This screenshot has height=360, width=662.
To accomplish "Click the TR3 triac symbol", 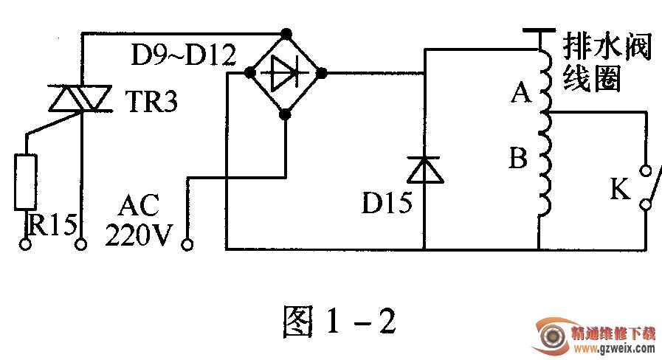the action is click(80, 98).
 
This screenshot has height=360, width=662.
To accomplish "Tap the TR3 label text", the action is click(151, 101).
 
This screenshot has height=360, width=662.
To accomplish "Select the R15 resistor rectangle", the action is click(26, 182).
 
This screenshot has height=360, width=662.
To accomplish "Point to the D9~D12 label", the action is click(184, 55).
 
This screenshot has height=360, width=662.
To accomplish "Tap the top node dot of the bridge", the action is click(286, 33).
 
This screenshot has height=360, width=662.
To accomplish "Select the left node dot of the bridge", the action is click(250, 73).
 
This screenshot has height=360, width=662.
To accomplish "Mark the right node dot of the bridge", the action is click(321, 74).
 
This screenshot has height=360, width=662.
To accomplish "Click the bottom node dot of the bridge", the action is click(286, 114).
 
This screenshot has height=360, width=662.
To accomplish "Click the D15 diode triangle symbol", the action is click(425, 170).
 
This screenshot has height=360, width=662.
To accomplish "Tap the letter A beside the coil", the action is click(520, 92).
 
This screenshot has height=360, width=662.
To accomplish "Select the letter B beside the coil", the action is click(518, 157).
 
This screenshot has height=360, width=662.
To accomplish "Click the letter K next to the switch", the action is click(620, 189).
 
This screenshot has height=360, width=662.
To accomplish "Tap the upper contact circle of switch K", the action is click(646, 170).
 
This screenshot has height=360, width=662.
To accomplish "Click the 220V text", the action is click(139, 235).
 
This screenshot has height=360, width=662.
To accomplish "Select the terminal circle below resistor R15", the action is click(25, 244).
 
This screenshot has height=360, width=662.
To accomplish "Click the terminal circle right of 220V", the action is click(187, 244).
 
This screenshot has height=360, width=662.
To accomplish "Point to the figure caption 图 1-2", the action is click(339, 322).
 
